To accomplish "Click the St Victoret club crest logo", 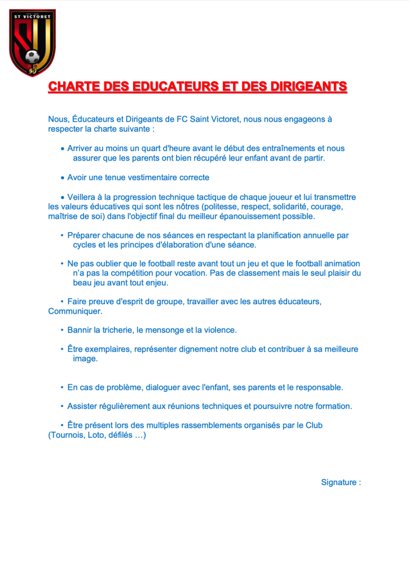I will (x=33, y=42).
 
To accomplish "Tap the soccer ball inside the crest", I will (x=33, y=57).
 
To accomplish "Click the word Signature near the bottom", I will (x=338, y=482).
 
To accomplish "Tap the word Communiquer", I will (x=76, y=311).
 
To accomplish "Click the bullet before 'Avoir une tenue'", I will (x=63, y=178).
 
